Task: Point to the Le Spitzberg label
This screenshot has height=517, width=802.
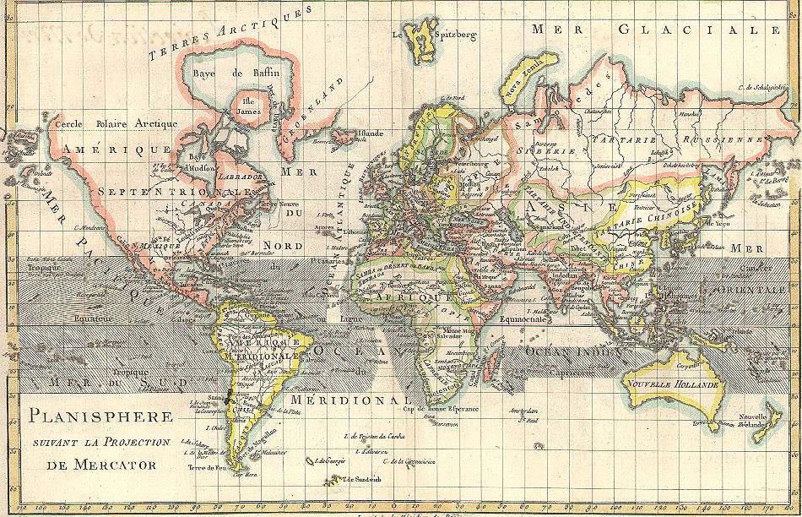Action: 434,35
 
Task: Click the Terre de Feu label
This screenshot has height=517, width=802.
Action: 209,467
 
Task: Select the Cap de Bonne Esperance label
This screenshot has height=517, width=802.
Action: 441,409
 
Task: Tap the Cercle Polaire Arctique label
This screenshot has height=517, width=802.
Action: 116,123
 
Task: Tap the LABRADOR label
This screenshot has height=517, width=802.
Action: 240,178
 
